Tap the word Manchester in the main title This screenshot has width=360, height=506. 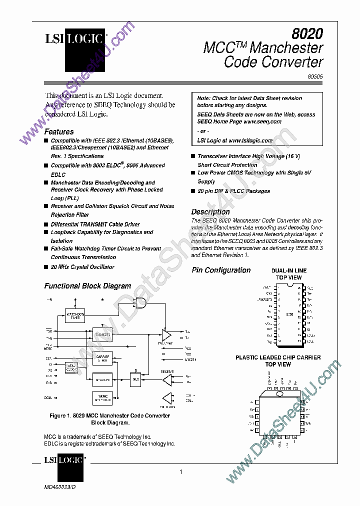[286, 48]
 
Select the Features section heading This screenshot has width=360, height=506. [59, 132]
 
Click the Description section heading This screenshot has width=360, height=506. [210, 212]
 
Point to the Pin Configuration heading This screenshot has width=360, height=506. [221, 270]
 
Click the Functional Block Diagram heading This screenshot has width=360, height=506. [87, 286]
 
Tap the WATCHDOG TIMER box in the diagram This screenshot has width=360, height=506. [75, 315]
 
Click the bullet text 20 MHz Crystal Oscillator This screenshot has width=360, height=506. [82, 267]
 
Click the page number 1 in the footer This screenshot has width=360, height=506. [180, 472]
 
